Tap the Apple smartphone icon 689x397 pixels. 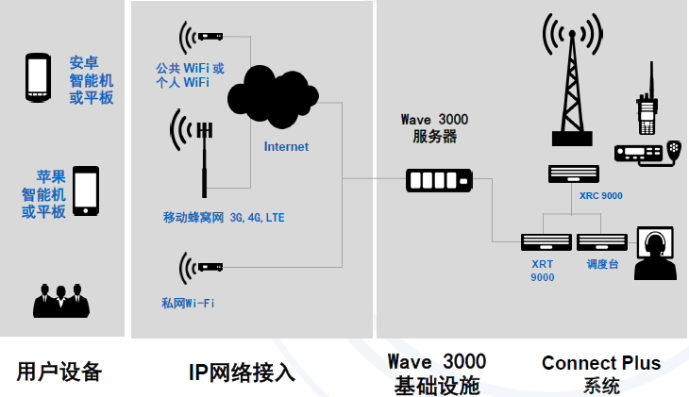85,191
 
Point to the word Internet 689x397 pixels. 285,146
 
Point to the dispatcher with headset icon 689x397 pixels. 653,253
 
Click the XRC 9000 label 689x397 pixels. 600,196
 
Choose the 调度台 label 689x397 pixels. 600,264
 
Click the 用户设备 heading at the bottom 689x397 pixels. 59,371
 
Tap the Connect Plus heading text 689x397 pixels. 600,363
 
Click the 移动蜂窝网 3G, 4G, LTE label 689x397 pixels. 224,218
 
